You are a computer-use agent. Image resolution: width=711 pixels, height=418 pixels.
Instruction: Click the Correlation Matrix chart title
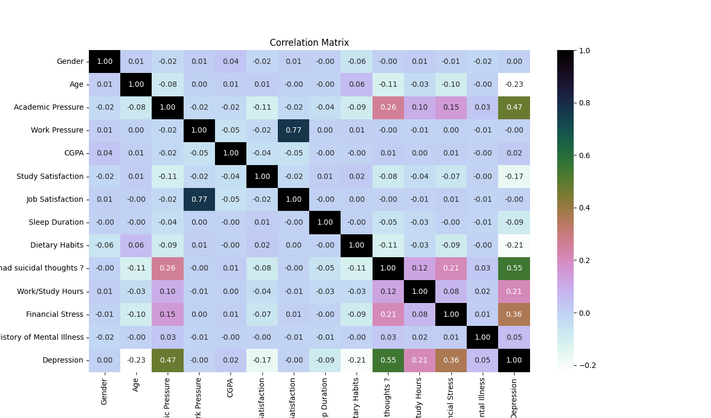pos(309,43)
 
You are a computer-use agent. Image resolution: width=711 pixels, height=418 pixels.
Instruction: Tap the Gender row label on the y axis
pos(70,62)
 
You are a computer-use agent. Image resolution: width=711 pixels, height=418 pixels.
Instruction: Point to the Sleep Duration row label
pos(56,222)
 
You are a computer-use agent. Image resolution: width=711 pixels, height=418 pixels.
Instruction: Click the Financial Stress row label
pos(54,314)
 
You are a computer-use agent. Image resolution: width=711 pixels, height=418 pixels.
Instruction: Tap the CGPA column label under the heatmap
pos(230,384)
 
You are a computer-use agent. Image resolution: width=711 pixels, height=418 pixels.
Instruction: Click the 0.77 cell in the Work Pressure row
pos(293,130)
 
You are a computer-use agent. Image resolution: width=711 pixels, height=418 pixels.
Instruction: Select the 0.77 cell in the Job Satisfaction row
pos(199,199)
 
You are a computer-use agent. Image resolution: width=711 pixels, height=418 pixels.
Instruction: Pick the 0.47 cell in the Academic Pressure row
pos(514,108)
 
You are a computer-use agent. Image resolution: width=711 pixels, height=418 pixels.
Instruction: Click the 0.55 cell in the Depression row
pos(388,360)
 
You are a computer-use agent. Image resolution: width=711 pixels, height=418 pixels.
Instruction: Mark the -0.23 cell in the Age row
pos(514,85)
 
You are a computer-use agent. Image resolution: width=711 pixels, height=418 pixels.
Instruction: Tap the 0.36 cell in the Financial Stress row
pos(514,314)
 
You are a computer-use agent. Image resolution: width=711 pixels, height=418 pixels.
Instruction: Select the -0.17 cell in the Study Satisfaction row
pos(514,176)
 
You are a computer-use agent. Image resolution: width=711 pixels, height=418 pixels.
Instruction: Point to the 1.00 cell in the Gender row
pos(104,62)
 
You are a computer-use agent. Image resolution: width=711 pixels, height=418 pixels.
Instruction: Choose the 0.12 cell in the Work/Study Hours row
pos(388,291)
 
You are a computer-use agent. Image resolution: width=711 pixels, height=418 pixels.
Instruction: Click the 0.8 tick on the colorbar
pos(585,103)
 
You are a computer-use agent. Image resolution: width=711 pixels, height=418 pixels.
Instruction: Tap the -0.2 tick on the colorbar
pos(585,365)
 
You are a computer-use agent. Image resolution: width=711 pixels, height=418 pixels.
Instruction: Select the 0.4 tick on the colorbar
pos(585,208)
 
